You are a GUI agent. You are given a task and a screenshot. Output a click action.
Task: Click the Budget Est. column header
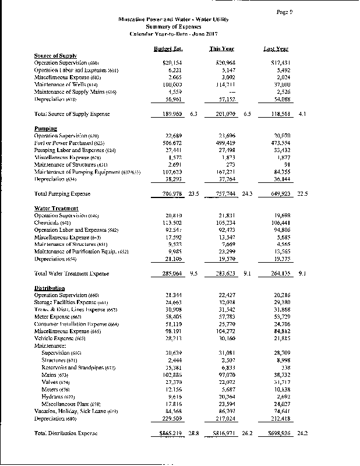click(x=164, y=48)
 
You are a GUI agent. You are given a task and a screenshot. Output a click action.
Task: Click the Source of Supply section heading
click(x=56, y=55)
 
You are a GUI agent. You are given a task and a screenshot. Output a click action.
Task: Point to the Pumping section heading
click(x=45, y=128)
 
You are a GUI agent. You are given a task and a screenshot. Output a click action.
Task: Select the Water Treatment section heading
click(x=56, y=209)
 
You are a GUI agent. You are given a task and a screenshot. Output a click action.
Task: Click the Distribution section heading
click(x=50, y=288)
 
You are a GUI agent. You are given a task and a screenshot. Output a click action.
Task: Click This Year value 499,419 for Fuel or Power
click(x=224, y=142)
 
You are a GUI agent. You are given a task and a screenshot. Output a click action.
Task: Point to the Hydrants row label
click(x=59, y=396)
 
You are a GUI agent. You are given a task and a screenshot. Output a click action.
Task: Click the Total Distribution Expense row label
click(x=66, y=433)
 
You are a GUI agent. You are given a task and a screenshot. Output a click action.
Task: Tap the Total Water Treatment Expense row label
click(x=72, y=273)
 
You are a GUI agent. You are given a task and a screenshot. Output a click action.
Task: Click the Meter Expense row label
click(x=58, y=316)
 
